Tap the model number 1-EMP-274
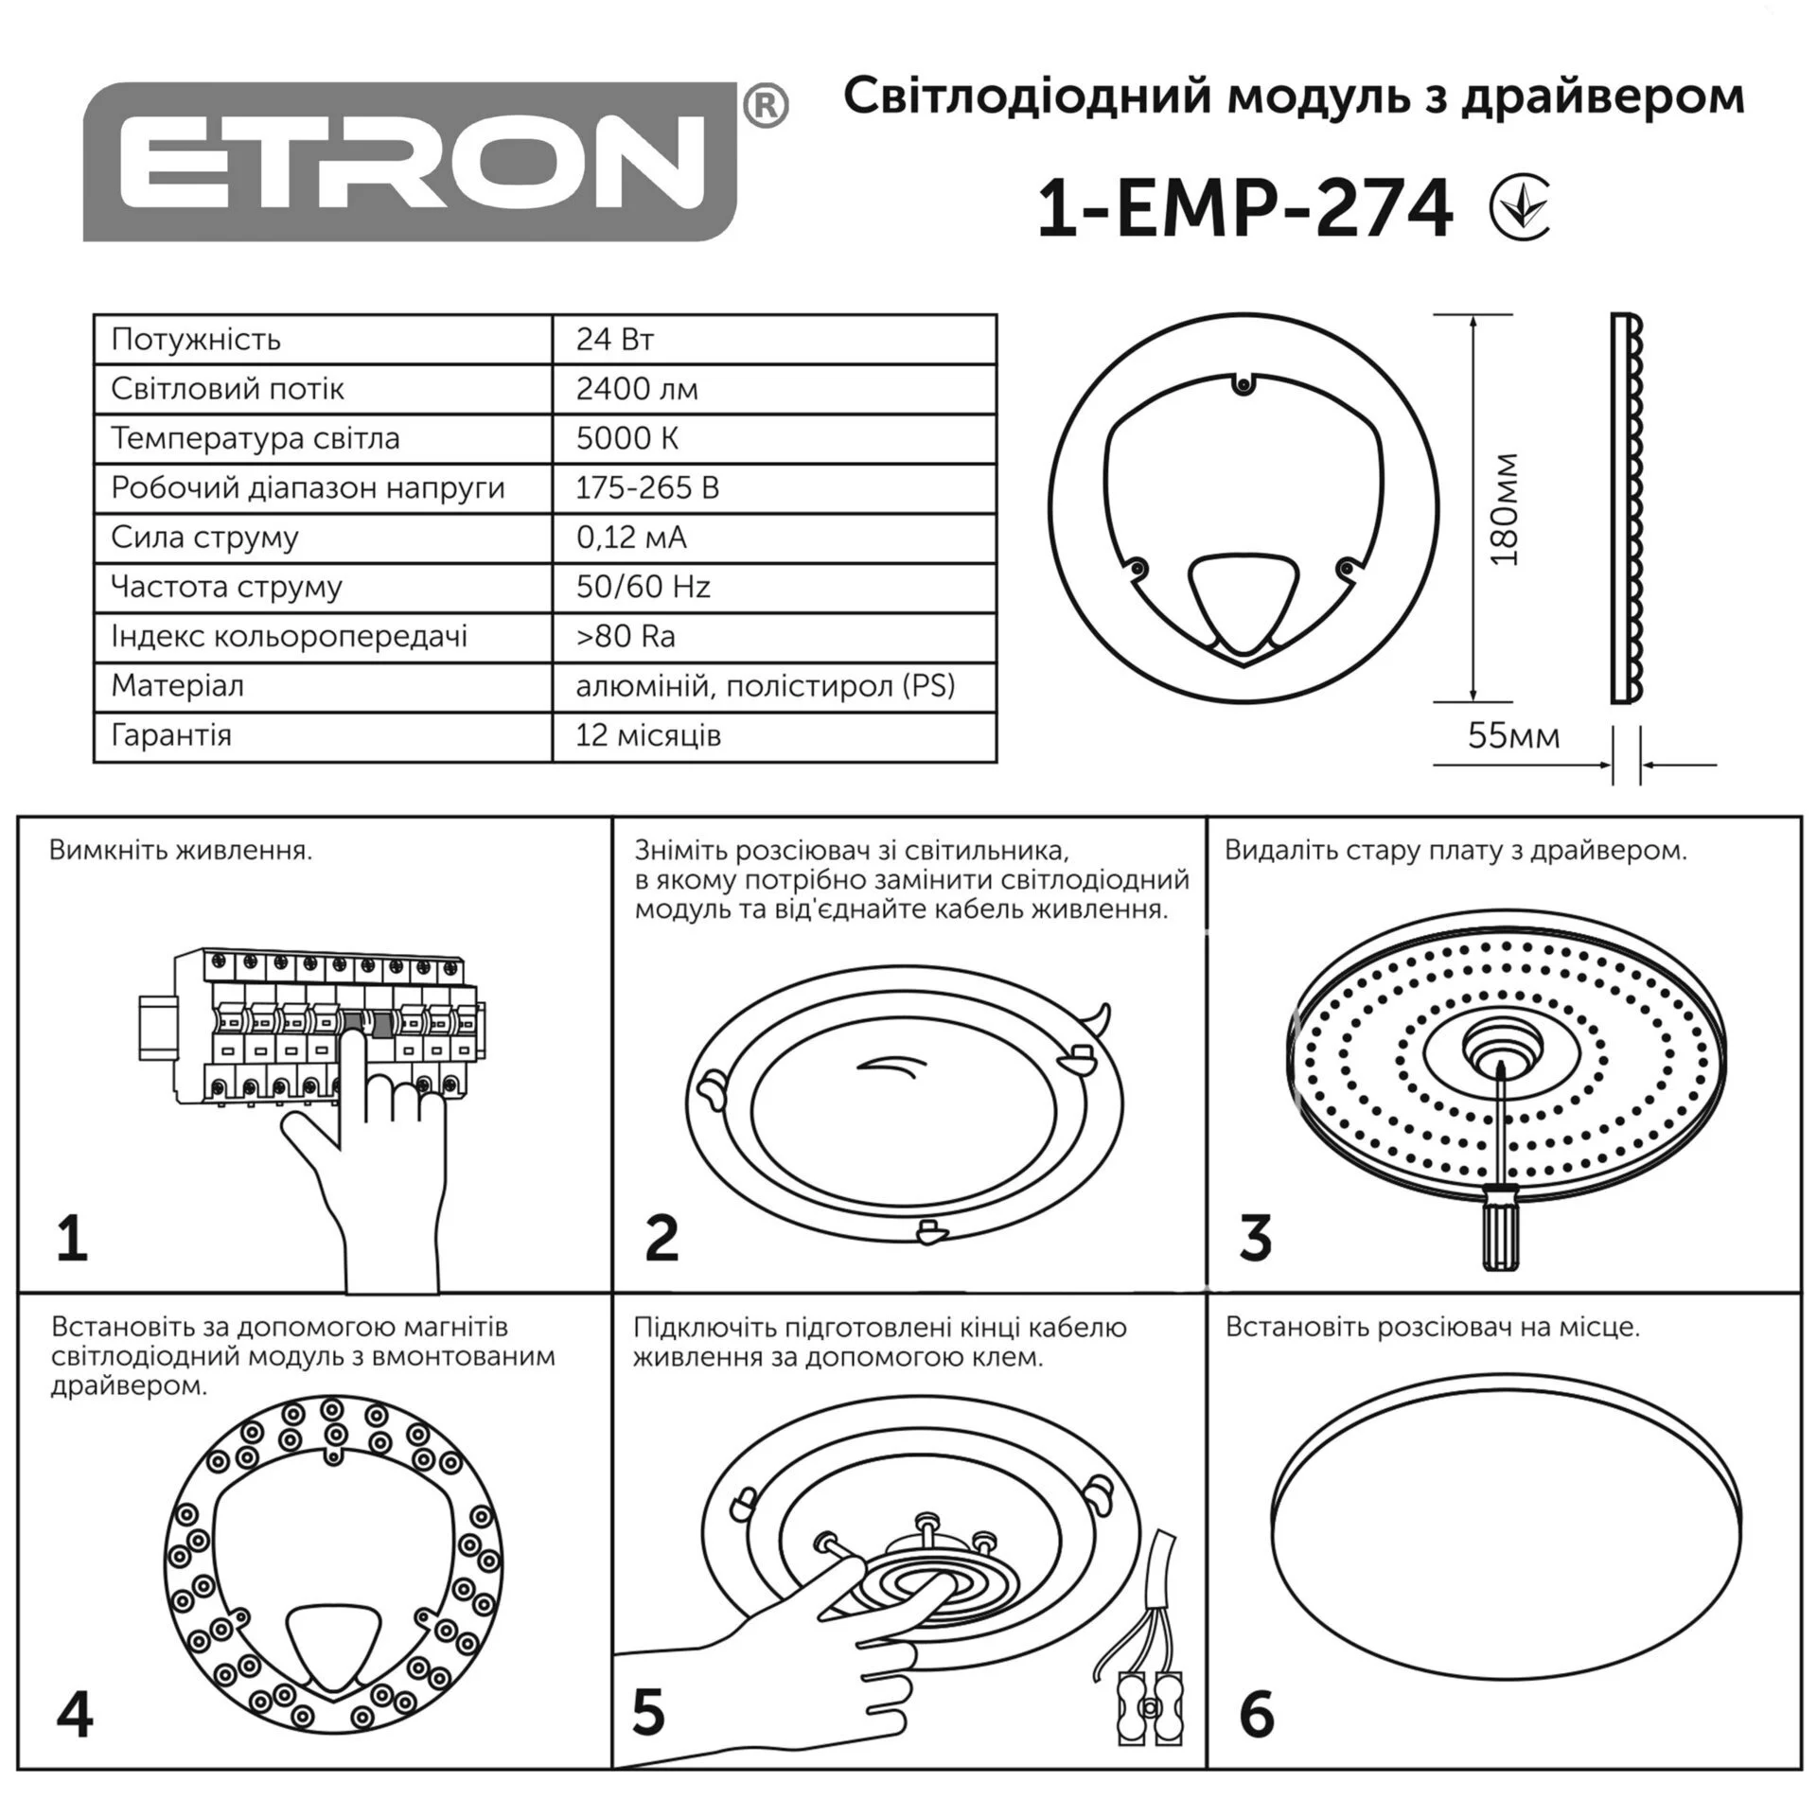pos(1244,209)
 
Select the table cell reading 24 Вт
pos(774,340)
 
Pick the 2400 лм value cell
pos(774,389)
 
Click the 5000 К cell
pos(774,438)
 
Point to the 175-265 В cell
pos(774,488)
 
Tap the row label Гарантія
pos(171,735)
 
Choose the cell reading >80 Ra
pos(774,636)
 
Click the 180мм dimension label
pos(1504,509)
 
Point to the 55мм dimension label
pos(1514,735)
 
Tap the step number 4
pos(75,1715)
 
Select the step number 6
pos(1257,1715)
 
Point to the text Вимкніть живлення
pos(181,850)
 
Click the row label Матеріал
pos(178,685)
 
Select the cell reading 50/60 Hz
pos(774,587)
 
